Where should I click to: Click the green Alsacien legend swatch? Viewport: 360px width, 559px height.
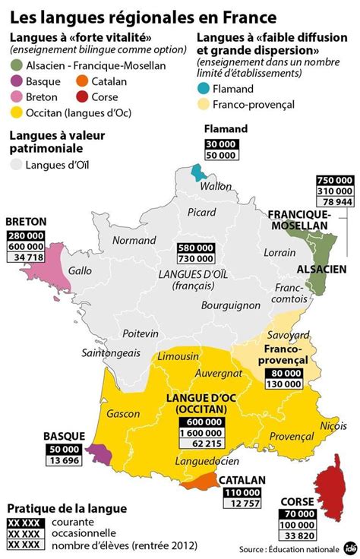tap(17, 66)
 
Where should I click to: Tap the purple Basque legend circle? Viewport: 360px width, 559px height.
tap(17, 81)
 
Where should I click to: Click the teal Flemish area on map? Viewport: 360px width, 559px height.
tap(199, 171)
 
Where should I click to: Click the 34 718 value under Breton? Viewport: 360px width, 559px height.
tap(26, 258)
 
